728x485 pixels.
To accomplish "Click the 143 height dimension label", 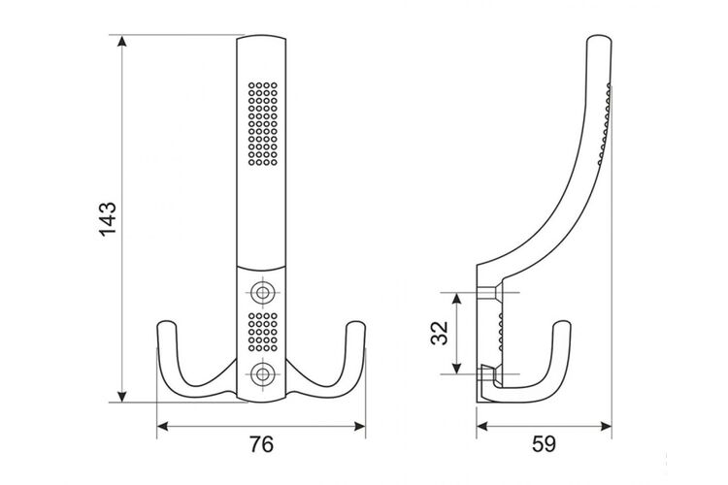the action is [x=108, y=219].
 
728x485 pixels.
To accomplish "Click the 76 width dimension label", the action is [x=261, y=444].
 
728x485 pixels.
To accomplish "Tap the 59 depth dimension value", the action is [x=544, y=444].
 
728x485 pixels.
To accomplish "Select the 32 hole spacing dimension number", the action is [x=439, y=333].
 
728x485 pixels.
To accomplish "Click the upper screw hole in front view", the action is [x=262, y=293].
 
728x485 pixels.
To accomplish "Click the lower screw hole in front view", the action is [x=262, y=374].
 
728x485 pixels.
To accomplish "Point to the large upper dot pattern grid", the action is [x=263, y=124].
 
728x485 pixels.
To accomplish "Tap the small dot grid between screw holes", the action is [x=263, y=332].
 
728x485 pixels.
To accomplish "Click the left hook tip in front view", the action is [x=167, y=322].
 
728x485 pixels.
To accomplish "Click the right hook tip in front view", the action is [x=356, y=322].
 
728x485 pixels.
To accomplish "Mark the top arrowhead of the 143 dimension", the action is [x=121, y=41].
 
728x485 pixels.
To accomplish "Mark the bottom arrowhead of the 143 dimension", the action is [x=121, y=397].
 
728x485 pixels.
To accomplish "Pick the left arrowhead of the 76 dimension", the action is [x=163, y=426].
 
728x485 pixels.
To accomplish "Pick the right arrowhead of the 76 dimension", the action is [x=360, y=426].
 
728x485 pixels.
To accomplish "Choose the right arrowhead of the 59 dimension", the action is [x=606, y=426].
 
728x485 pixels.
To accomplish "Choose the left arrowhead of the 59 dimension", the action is [x=482, y=426].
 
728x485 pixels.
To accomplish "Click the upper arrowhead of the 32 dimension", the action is [x=457, y=299].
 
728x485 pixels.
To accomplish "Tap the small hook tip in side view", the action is [x=562, y=322].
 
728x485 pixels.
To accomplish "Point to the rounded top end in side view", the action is [x=600, y=37].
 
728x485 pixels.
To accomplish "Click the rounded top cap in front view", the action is [x=261, y=38].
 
